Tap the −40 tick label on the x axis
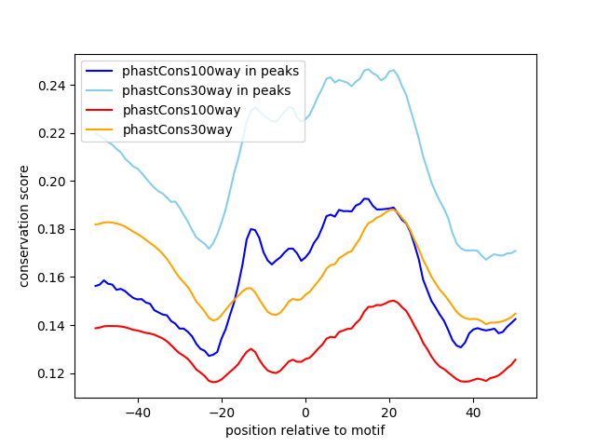[137, 412]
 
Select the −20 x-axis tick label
[221, 412]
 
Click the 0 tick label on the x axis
[305, 412]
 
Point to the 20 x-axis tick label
[389, 412]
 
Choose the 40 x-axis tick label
[473, 412]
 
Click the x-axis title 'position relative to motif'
[305, 430]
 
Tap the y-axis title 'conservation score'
[24, 225]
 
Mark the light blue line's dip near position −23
[209, 249]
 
